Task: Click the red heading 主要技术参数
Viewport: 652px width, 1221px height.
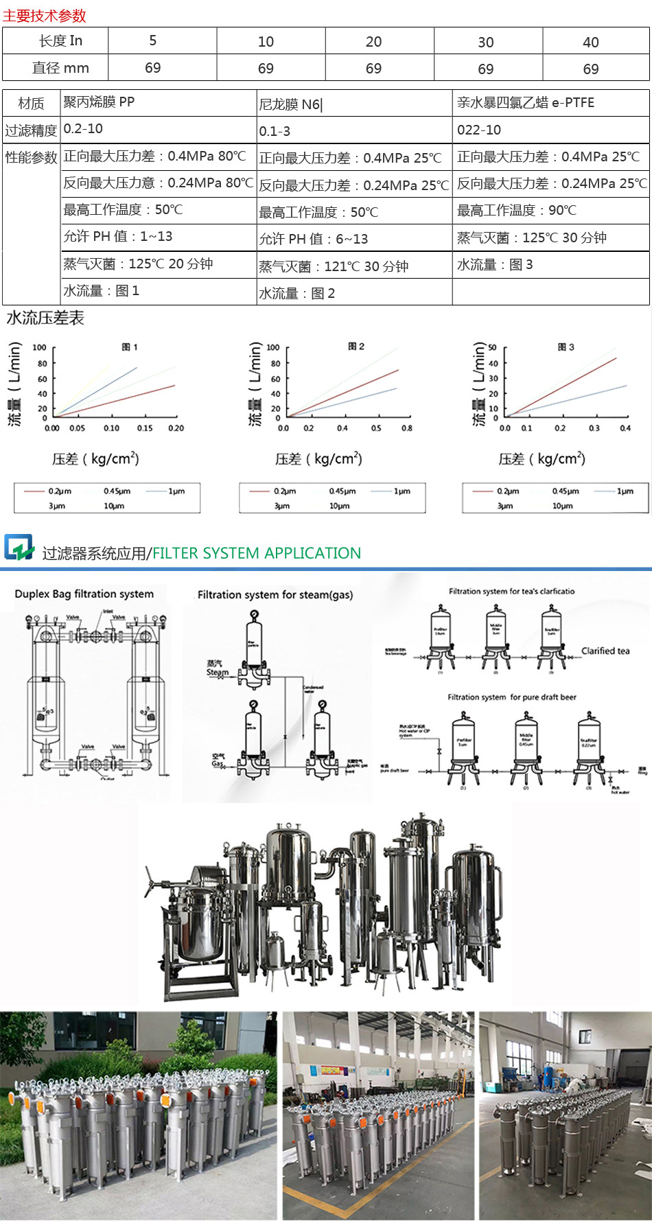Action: click(45, 15)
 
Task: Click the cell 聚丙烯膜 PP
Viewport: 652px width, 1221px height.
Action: click(99, 102)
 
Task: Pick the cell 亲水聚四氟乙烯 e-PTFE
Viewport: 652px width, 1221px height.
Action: click(526, 103)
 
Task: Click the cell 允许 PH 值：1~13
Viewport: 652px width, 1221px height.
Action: click(118, 237)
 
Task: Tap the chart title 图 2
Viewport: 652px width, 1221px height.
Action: click(356, 347)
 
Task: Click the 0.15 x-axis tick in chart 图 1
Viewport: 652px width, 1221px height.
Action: click(145, 428)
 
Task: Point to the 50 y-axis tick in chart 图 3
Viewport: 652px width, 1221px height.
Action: click(492, 348)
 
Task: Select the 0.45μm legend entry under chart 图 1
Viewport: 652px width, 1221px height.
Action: click(117, 491)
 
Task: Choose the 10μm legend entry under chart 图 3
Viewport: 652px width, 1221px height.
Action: click(562, 507)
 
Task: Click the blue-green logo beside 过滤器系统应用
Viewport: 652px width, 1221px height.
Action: click(19, 548)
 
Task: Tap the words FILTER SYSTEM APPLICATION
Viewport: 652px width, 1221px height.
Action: click(257, 553)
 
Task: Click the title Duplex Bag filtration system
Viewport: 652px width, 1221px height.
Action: click(84, 594)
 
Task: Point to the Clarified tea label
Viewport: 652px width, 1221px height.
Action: click(605, 651)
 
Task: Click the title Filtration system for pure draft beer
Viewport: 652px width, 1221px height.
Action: click(512, 697)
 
